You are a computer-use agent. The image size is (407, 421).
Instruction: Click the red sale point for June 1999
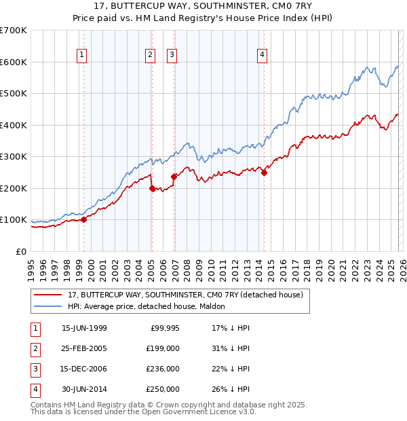click(x=84, y=219)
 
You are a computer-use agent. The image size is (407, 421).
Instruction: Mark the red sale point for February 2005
click(x=152, y=189)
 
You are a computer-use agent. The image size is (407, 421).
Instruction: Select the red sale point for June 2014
click(x=264, y=172)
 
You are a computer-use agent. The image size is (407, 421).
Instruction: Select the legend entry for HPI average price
click(x=151, y=306)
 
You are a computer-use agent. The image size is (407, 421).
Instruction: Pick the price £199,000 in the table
click(x=163, y=348)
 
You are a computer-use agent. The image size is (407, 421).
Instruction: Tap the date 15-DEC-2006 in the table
click(x=84, y=369)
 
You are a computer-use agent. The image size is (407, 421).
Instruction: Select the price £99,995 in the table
click(x=164, y=328)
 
